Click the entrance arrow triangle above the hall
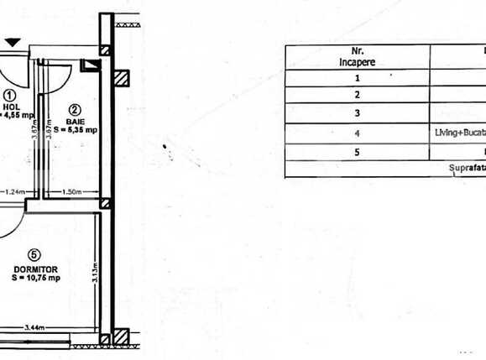coord(12,42)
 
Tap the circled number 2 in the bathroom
coord(74,109)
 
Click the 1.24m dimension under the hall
coord(13,192)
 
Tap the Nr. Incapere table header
coord(358,55)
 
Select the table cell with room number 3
coord(358,113)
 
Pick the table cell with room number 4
coord(358,133)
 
